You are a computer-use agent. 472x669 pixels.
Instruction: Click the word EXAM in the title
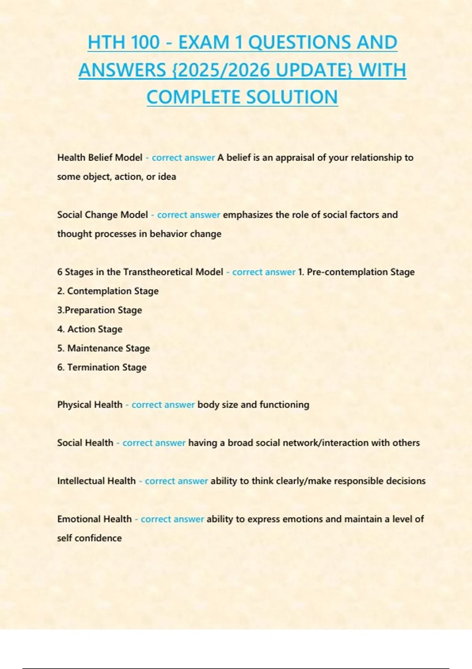[x=204, y=43]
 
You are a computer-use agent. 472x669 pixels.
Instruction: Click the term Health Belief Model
[x=100, y=157]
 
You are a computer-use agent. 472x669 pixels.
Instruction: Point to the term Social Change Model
[x=102, y=214]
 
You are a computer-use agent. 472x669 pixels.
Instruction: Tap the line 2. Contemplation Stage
[x=108, y=291]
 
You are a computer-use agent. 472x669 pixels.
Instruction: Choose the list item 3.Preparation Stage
[x=100, y=310]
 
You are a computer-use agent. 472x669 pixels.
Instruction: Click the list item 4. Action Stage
[x=90, y=329]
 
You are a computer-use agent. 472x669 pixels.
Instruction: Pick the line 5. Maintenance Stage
[x=103, y=348]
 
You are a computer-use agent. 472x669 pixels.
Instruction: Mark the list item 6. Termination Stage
[x=102, y=367]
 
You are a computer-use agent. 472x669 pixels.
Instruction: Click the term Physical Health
[x=90, y=405]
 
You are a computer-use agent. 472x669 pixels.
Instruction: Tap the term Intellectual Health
[x=96, y=481]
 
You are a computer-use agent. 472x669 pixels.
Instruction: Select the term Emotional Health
[x=94, y=519]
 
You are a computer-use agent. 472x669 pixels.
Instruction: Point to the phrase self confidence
[x=89, y=538]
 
